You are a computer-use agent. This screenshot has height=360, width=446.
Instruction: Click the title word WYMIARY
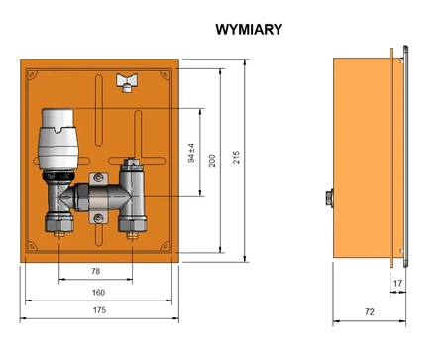pyautogui.click(x=248, y=30)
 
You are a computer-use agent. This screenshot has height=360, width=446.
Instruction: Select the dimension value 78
pyautogui.click(x=95, y=271)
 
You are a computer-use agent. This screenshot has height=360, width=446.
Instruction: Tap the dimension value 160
pyautogui.click(x=98, y=292)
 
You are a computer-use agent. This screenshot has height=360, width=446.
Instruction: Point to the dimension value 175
pyautogui.click(x=98, y=312)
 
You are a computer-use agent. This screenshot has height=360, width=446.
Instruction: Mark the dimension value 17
pyautogui.click(x=397, y=284)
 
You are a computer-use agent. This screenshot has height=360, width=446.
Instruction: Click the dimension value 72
pyautogui.click(x=369, y=312)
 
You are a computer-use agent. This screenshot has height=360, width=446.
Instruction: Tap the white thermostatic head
pyautogui.click(x=59, y=139)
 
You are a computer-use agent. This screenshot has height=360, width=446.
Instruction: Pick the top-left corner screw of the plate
pyautogui.click(x=31, y=70)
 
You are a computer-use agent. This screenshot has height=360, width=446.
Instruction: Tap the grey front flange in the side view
pyautogui.click(x=403, y=159)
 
